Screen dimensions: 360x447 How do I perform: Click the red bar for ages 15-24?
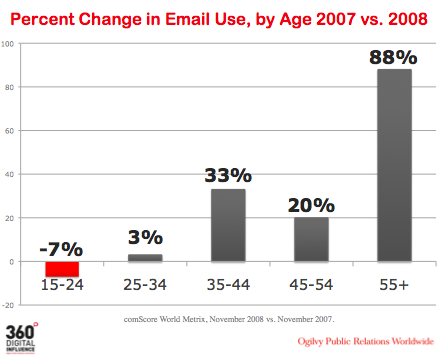(x=62, y=269)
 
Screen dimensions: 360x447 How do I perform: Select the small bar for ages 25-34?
(x=145, y=258)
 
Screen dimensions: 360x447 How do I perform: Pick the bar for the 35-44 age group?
(x=228, y=225)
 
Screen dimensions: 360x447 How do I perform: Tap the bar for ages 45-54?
(x=311, y=239)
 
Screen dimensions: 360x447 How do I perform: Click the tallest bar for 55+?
(x=394, y=165)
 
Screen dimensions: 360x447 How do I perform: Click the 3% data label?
(x=145, y=238)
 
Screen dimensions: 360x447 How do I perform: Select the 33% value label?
(x=228, y=174)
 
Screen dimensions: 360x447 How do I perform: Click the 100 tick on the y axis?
(x=8, y=44)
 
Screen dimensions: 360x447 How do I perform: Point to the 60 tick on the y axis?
(x=9, y=131)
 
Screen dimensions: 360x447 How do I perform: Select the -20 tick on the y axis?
(x=8, y=305)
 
